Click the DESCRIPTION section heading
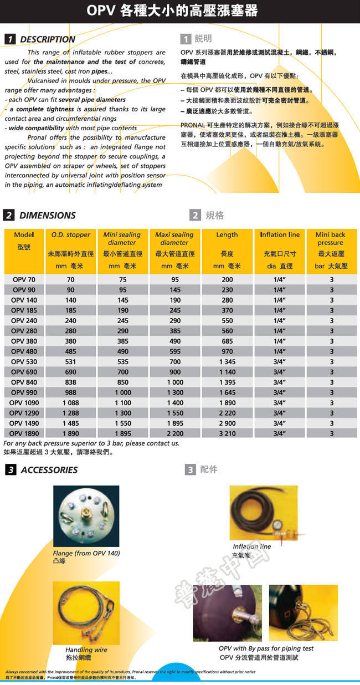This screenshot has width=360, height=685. (x=47, y=39)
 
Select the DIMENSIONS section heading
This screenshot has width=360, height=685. (x=47, y=215)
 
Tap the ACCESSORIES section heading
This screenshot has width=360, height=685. (x=49, y=470)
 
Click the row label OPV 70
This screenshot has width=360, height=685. (x=24, y=280)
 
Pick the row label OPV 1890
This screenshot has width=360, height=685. (x=24, y=433)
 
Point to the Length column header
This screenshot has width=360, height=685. (x=227, y=235)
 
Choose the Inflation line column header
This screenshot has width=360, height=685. (x=280, y=235)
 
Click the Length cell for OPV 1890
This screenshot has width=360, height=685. (x=227, y=433)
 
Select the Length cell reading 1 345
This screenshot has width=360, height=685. (x=227, y=362)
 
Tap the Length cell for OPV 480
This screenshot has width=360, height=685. (x=227, y=351)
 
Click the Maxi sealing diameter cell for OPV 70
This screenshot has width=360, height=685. (x=175, y=280)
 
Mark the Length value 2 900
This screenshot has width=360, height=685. (x=227, y=423)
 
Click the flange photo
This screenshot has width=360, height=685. (x=86, y=516)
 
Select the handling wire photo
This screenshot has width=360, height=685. (x=86, y=612)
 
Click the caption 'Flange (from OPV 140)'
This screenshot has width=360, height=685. (x=86, y=553)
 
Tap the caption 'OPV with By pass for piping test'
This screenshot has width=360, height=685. (x=266, y=648)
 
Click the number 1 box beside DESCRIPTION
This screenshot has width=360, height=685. (x=9, y=39)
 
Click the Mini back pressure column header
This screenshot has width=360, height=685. (x=331, y=239)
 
